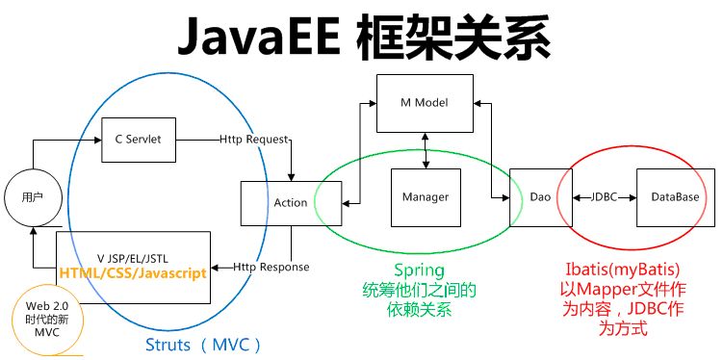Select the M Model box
point(425,102)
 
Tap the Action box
point(290,202)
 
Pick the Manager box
point(425,196)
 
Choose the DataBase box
point(674,196)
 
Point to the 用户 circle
point(32,197)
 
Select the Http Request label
point(254,140)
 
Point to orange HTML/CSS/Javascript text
point(133,272)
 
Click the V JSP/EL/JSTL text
point(133,257)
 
